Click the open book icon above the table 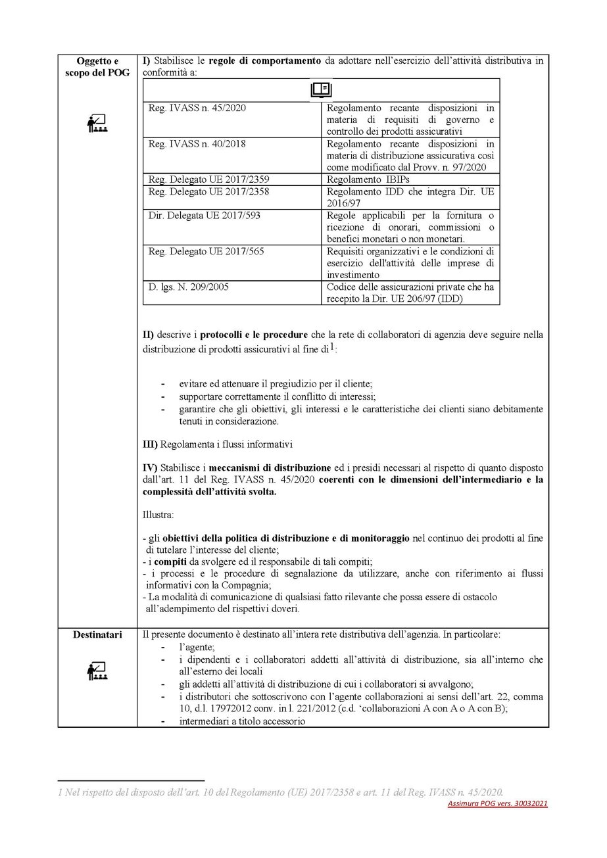click(321, 90)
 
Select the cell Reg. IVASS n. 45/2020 click(197, 108)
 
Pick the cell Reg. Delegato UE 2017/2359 click(209, 179)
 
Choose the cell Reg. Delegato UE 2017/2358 click(209, 191)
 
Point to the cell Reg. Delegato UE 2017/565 click(208, 251)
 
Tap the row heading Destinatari click(97, 636)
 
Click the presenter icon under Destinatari click(97, 671)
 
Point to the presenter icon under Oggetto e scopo click(97, 123)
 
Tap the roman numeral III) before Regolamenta click(150, 444)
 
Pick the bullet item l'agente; click(196, 648)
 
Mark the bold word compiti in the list click(167, 561)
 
